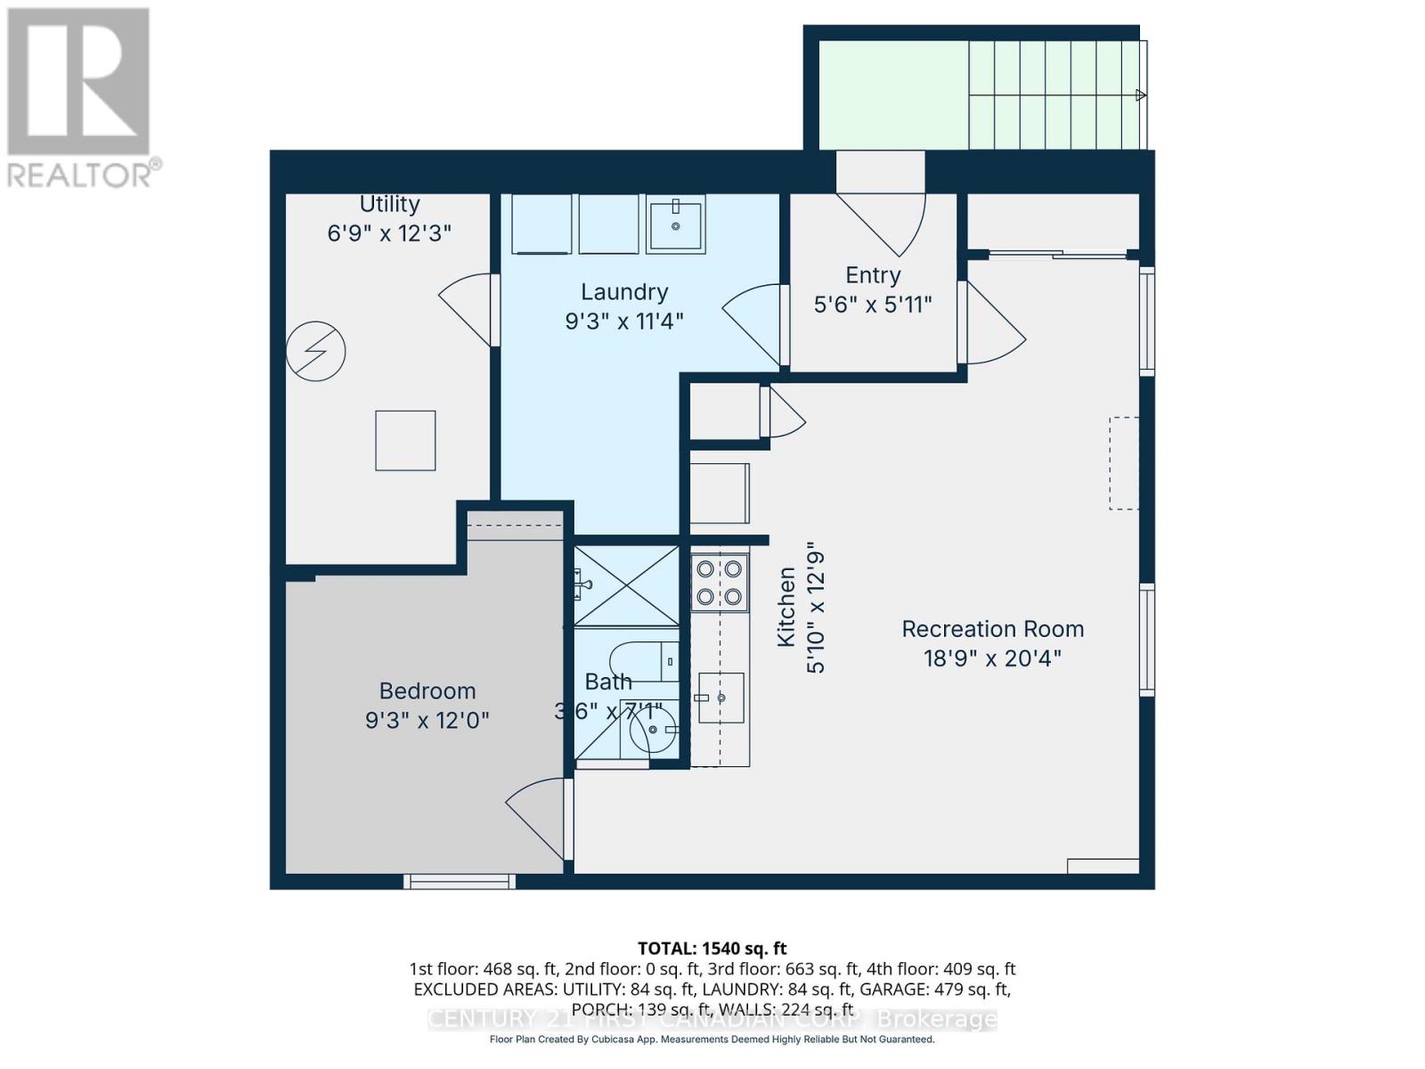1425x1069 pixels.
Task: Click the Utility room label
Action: pyautogui.click(x=389, y=204)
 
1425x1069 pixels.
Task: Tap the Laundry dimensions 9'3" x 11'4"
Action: pyautogui.click(x=623, y=321)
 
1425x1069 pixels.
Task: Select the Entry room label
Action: pyautogui.click(x=873, y=275)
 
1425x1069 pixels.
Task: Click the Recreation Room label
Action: pyautogui.click(x=992, y=629)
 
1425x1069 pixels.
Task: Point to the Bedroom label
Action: pyautogui.click(x=427, y=691)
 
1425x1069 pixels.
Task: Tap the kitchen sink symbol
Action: pyautogui.click(x=721, y=698)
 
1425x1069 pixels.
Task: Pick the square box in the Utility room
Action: pyautogui.click(x=405, y=440)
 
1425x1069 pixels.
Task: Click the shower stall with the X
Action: pyautogui.click(x=627, y=585)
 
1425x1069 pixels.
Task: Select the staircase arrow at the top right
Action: pyautogui.click(x=1140, y=95)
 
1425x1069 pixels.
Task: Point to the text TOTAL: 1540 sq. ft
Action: pyautogui.click(x=712, y=949)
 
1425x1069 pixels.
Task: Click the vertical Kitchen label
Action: pyautogui.click(x=786, y=608)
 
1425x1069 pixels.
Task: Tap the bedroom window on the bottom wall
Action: pyautogui.click(x=460, y=881)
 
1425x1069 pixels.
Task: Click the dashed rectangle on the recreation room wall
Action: pyautogui.click(x=1123, y=463)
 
